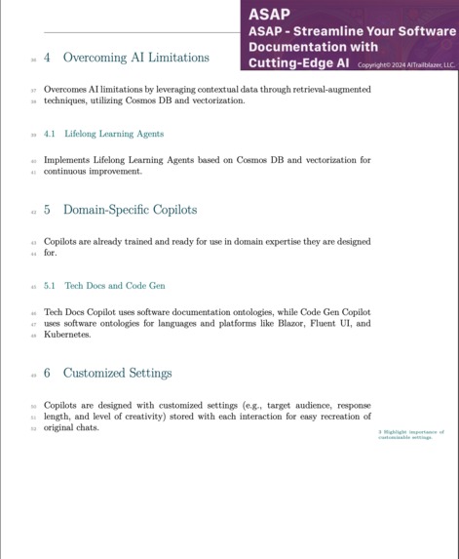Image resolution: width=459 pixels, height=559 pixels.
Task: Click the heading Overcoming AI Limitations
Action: (x=135, y=58)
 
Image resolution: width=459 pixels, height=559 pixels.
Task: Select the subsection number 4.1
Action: (x=49, y=134)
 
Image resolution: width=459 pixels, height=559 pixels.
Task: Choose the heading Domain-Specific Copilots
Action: (x=130, y=210)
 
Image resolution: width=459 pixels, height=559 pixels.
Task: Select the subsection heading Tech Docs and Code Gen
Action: (x=115, y=286)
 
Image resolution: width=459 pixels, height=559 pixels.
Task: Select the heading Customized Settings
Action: (x=117, y=373)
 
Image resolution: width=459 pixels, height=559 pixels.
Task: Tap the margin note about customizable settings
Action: (x=410, y=434)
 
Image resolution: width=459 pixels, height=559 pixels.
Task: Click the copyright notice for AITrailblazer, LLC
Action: (x=405, y=65)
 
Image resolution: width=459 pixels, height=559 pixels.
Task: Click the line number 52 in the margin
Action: (x=33, y=428)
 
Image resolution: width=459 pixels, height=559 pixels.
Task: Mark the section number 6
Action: (x=48, y=373)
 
